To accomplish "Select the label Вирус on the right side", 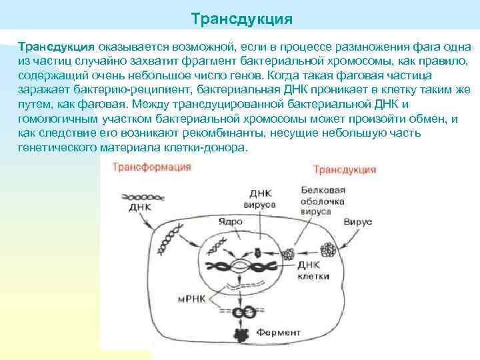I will click(357, 221).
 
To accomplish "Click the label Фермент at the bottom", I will click(281, 331).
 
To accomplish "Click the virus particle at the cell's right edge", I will click(328, 250).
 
